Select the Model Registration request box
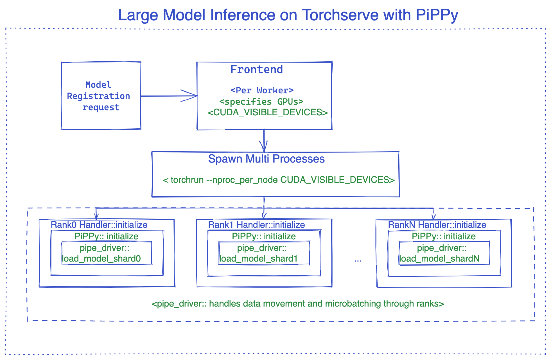101,96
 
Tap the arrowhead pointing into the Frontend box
193,96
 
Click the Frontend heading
256,69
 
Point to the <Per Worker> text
262,90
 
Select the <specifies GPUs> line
261,101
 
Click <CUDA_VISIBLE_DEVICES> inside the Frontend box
268,112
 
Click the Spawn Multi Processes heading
266,159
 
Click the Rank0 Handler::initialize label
99,225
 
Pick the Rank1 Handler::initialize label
256,225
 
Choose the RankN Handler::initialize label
437,225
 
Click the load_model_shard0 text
101,259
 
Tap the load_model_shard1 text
258,259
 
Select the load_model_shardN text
439,259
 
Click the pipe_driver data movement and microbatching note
297,304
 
